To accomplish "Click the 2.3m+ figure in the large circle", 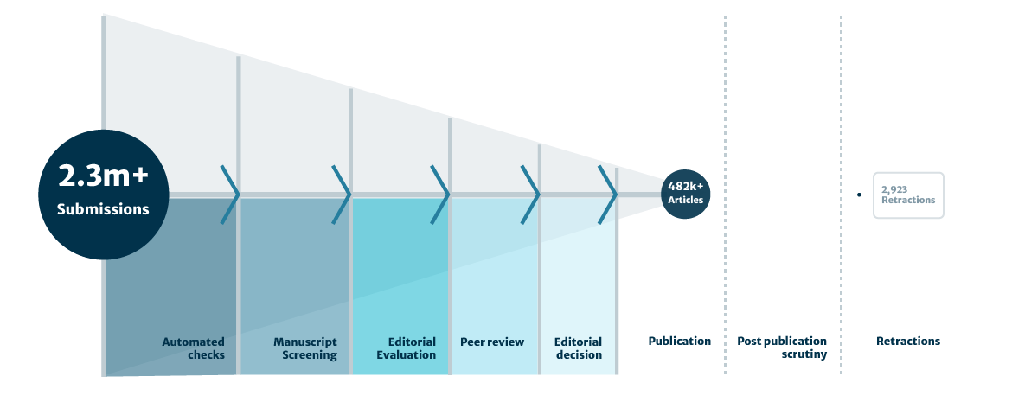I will (103, 176).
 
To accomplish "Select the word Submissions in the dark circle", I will (103, 209).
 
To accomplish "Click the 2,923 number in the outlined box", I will (894, 188).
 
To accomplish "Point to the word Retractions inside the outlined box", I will (908, 200).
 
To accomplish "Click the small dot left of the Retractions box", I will (859, 195).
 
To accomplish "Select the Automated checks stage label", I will (193, 348).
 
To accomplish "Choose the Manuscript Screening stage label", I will (305, 348).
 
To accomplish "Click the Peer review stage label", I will (492, 342).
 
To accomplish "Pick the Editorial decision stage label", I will (578, 348).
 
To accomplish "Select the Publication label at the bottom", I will (680, 341).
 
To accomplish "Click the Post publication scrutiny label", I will (782, 348).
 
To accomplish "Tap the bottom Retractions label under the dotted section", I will (908, 341).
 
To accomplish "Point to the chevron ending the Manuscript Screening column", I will (342, 194).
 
